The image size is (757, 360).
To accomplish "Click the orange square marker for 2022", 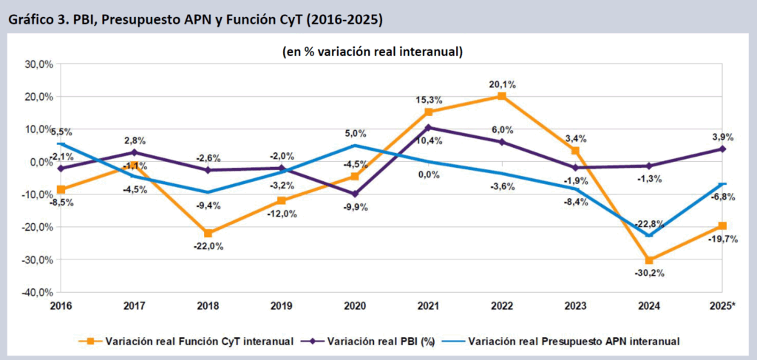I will click(x=501, y=96).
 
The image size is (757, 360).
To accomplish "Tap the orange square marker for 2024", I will click(x=649, y=260).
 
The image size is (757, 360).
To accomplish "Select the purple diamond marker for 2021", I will click(x=428, y=127).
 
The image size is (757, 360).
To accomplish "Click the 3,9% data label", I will click(x=722, y=137).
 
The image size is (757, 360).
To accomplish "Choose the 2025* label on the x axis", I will click(x=722, y=305).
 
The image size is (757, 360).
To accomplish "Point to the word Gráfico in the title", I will click(x=29, y=20).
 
